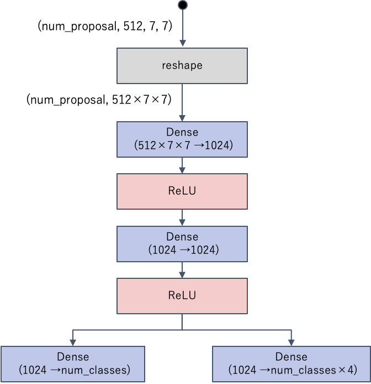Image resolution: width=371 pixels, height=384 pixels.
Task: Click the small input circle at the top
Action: pos(182,5)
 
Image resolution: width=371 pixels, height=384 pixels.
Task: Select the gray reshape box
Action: pos(182,66)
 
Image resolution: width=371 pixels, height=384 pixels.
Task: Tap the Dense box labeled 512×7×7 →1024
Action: pos(182,139)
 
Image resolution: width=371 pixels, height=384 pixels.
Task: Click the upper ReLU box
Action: pos(182,191)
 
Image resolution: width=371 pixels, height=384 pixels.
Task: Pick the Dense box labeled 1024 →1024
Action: pos(182,243)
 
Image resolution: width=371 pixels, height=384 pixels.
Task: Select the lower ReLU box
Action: pos(182,295)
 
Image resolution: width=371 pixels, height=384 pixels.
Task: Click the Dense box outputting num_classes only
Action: pos(73,364)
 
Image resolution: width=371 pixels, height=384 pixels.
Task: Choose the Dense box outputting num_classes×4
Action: pos(291,364)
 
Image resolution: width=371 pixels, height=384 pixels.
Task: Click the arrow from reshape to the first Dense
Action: pos(182,102)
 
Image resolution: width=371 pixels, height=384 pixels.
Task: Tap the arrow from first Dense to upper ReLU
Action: pos(182,165)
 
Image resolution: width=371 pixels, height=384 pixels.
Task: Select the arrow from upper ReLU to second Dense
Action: pos(182,217)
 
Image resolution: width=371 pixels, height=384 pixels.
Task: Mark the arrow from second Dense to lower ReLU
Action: pos(182,269)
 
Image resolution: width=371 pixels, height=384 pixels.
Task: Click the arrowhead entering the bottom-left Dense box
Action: pos(73,343)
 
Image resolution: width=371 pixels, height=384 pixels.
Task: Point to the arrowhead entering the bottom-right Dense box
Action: pos(291,343)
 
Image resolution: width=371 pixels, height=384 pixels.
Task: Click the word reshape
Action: pos(182,66)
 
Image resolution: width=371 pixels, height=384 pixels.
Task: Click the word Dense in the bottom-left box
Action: pos(73,357)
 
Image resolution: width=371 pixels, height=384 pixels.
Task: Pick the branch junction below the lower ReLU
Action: pos(182,330)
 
